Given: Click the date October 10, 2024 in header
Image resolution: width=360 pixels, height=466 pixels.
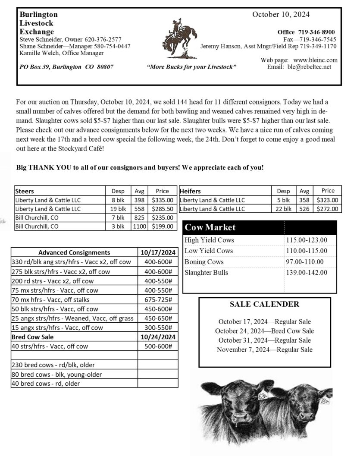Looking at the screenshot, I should (281, 14).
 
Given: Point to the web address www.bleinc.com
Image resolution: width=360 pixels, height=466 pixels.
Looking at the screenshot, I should (315, 60).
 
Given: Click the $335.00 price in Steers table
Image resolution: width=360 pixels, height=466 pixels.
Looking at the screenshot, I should (163, 200).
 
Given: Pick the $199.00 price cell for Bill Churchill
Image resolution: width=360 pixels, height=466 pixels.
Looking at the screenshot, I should (163, 226).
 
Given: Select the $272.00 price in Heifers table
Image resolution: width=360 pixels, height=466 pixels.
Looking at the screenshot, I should (328, 209).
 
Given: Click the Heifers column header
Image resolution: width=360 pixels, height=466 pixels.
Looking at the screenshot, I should (190, 191).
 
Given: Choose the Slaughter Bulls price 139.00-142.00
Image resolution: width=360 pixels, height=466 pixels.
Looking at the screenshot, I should (306, 272).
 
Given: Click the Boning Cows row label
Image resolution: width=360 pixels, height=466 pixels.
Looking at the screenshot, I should (204, 261).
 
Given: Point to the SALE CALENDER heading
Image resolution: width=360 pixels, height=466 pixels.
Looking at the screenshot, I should (264, 304).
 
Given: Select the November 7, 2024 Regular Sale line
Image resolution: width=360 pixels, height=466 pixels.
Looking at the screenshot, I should (264, 349).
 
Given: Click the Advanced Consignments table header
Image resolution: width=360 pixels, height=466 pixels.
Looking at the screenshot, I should (74, 252).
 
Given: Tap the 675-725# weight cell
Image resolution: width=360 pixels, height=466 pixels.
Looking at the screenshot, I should (158, 299).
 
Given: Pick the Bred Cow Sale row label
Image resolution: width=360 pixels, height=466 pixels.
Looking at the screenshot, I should (33, 337).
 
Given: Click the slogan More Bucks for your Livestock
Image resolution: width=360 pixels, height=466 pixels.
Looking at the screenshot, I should (191, 67).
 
